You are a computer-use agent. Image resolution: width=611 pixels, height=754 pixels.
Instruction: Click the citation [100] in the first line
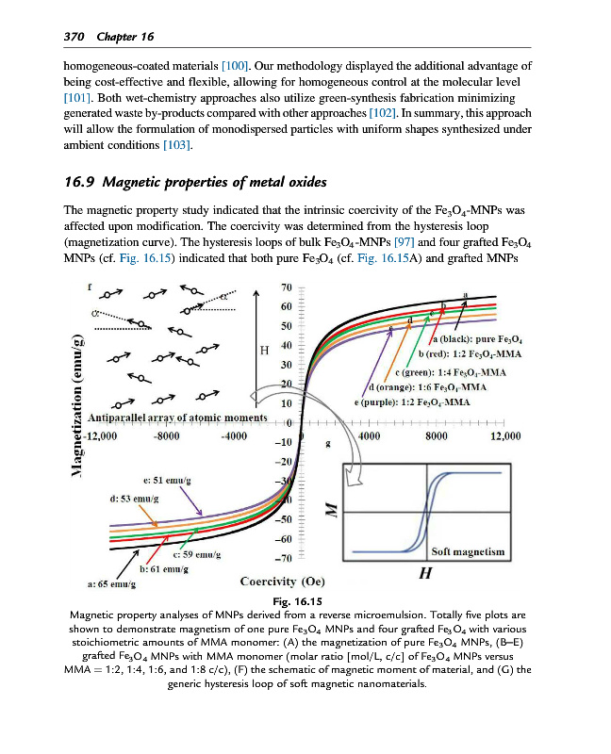pyautogui.click(x=234, y=67)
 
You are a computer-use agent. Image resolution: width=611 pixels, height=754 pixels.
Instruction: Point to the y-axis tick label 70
pyautogui.click(x=287, y=287)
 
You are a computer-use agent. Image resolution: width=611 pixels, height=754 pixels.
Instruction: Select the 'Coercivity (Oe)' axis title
pyautogui.click(x=284, y=581)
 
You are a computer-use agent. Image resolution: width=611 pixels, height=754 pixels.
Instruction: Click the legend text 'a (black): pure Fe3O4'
pyautogui.click(x=476, y=337)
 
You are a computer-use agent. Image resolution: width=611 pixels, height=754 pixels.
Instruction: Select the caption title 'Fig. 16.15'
pyautogui.click(x=297, y=601)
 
